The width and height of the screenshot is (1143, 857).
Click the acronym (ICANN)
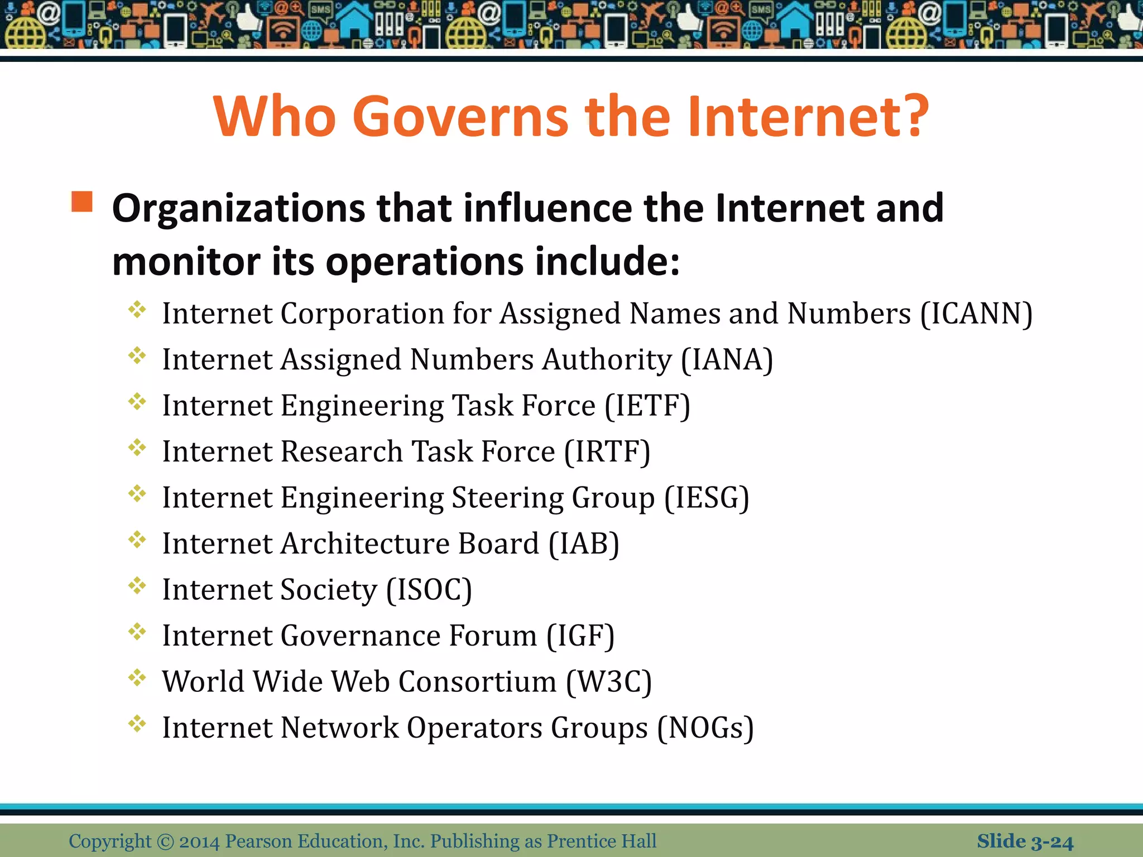[976, 314]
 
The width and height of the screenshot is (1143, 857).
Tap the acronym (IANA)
[727, 360]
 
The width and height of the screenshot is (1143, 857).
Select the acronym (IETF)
[647, 406]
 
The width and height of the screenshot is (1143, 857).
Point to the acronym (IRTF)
[607, 452]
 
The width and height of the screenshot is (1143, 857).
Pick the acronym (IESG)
[707, 498]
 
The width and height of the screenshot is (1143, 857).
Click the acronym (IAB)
[584, 544]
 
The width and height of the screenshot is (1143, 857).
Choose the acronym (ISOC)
[429, 590]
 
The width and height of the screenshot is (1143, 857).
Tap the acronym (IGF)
[580, 636]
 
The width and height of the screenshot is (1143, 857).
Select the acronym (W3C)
[609, 682]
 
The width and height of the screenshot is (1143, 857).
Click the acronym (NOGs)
[705, 728]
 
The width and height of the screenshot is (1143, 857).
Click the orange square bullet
[82, 201]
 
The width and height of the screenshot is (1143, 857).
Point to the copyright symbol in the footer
[165, 841]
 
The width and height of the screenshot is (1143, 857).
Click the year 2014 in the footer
[199, 841]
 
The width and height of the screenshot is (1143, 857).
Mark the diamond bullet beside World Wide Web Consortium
[137, 678]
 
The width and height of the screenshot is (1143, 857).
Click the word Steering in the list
[507, 498]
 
